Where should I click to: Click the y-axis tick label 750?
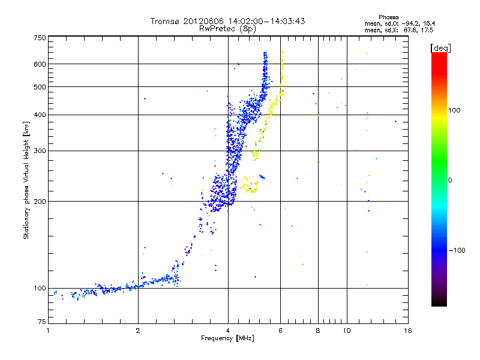[x=40, y=38]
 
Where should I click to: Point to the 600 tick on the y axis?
[x=40, y=64]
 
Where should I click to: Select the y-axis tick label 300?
[x=40, y=151]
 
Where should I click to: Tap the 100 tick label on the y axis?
[x=40, y=289]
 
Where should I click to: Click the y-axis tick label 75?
[x=42, y=322]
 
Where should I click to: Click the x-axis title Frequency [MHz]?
[x=227, y=338]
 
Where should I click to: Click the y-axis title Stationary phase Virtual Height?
[x=26, y=180]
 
